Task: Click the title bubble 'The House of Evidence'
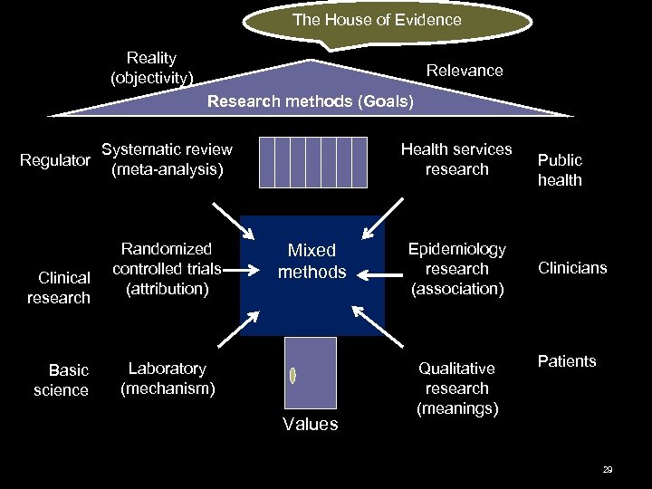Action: point(377,20)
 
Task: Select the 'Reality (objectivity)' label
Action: point(151,68)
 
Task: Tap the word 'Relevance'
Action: point(465,71)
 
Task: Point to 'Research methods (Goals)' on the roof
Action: point(311,101)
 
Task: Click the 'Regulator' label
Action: point(55,160)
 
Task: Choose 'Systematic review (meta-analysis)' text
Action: point(167,159)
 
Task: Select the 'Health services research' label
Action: point(456,159)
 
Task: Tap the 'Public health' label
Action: point(560,170)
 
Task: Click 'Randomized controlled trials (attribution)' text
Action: point(167,269)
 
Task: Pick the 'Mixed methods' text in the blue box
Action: point(312,261)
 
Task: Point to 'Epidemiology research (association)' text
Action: point(457,269)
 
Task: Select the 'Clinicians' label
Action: point(572,268)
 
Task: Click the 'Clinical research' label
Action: point(59,288)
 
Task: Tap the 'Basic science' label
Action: point(62,380)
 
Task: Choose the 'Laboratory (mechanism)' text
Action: point(168,379)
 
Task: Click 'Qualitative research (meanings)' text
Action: point(457,388)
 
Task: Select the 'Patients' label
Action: point(567,361)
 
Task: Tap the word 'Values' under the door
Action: point(310,424)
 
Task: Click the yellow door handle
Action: point(292,375)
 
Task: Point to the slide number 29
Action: point(608,470)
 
